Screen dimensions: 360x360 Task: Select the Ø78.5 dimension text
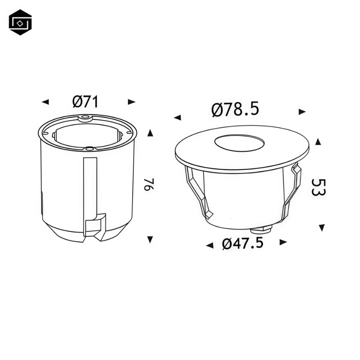(x=235, y=110)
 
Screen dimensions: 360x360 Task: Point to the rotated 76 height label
(x=147, y=185)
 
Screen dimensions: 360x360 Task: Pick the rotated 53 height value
(x=318, y=187)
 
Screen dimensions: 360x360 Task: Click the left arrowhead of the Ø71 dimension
(x=45, y=102)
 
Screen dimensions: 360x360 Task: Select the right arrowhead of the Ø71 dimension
(x=132, y=102)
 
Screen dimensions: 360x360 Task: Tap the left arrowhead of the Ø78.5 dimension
(x=177, y=117)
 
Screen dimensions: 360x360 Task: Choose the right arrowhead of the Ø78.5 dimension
(x=302, y=112)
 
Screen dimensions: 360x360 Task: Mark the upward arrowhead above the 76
(x=150, y=133)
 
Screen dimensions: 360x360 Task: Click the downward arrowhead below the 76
(x=150, y=240)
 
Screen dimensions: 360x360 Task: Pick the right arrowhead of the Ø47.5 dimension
(x=283, y=242)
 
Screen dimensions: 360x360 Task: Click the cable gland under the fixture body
(x=261, y=229)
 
